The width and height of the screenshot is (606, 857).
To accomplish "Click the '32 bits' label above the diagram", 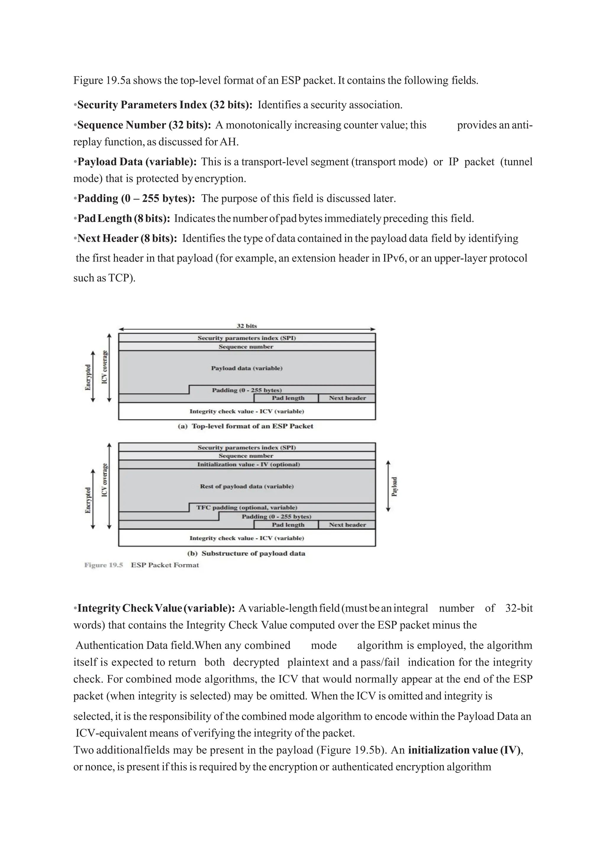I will [247, 326].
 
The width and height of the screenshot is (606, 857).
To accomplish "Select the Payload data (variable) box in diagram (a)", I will [247, 368].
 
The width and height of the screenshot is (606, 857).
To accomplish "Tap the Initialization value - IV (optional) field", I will [249, 464].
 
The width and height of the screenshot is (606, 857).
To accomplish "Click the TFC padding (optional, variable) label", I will [247, 507].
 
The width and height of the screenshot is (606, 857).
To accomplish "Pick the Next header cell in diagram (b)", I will [347, 524].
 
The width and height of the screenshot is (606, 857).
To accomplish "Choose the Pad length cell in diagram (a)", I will [288, 398].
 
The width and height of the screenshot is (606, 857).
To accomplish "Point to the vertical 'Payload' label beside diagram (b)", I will [394, 487].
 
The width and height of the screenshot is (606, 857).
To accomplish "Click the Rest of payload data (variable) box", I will [247, 487].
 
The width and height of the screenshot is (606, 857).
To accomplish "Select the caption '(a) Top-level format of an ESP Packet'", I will [246, 426].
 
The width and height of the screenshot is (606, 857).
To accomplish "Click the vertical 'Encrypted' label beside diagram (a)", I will [88, 377].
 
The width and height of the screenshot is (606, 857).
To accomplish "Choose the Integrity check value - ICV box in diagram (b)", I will [247, 538].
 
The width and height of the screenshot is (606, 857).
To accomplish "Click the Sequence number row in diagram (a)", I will [246, 347].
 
